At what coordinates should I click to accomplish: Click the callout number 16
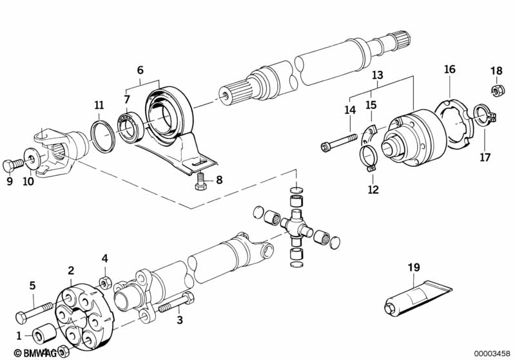[x=450, y=69]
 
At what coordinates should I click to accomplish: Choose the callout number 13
[x=378, y=75]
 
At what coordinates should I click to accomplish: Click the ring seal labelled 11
[x=102, y=136]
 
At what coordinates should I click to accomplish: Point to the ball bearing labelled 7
[x=132, y=126]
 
